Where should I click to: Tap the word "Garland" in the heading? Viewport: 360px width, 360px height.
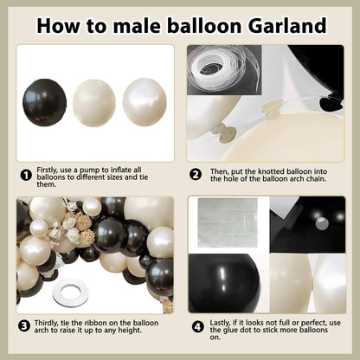pos(287,26)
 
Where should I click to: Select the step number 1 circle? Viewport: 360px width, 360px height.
pos(26,175)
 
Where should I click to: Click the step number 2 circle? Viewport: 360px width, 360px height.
pos(196,175)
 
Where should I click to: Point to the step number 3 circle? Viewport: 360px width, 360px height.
pos(24,326)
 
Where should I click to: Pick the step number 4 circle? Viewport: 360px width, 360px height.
pos(197,327)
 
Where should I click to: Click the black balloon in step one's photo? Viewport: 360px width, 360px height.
pos(45,103)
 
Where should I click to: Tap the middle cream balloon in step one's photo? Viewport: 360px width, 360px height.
pos(94,103)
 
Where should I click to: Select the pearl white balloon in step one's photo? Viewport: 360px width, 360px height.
pos(145,102)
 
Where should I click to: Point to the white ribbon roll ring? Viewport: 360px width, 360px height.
pos(70,293)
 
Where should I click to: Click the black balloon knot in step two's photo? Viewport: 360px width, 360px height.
pos(331,103)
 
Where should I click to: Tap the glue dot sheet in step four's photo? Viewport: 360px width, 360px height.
pos(228,222)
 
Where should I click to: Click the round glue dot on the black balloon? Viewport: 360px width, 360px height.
pos(322,223)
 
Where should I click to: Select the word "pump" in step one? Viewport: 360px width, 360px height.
pos(90,170)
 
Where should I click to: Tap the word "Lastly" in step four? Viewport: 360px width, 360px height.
pos(221,323)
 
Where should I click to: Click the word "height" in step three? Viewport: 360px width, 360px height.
pos(130,331)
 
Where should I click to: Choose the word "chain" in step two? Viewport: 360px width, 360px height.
pos(316,179)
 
